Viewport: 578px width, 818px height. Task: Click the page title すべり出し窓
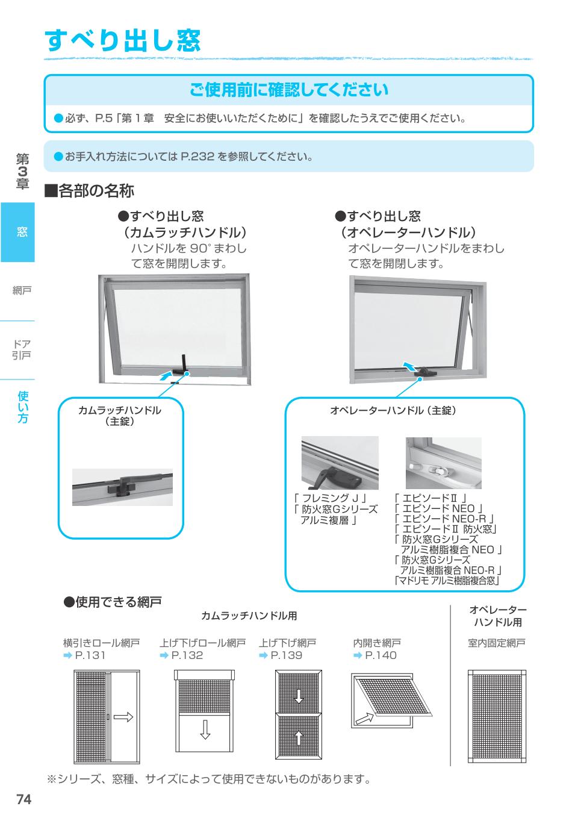(x=122, y=40)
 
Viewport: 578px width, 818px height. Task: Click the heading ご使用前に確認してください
(x=289, y=90)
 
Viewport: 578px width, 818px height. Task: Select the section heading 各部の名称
(x=90, y=192)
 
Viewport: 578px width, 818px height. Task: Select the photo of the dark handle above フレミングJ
(x=340, y=463)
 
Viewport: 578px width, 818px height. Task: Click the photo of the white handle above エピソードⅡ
(x=443, y=463)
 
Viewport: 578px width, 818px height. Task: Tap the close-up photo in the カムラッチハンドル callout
(x=122, y=487)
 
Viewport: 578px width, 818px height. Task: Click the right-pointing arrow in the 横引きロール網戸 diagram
(x=123, y=716)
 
